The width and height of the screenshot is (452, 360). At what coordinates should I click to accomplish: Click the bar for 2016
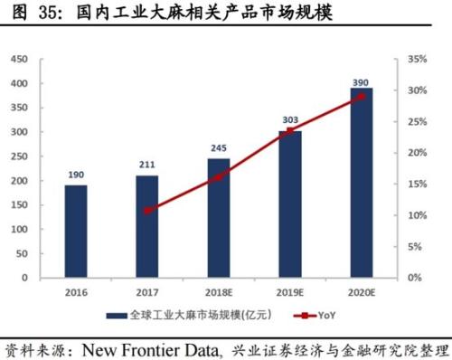(77, 231)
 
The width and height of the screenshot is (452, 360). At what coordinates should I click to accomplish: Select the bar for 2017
(146, 226)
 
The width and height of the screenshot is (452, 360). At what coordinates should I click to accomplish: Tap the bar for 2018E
(218, 218)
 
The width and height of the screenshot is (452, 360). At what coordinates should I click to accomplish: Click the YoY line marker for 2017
(147, 211)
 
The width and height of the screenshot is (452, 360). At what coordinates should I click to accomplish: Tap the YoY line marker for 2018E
(218, 177)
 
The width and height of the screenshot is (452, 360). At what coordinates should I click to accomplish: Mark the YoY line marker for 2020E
(362, 96)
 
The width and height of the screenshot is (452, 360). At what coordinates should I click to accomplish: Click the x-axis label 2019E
(289, 291)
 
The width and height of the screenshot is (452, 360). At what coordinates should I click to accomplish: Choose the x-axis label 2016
(77, 291)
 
